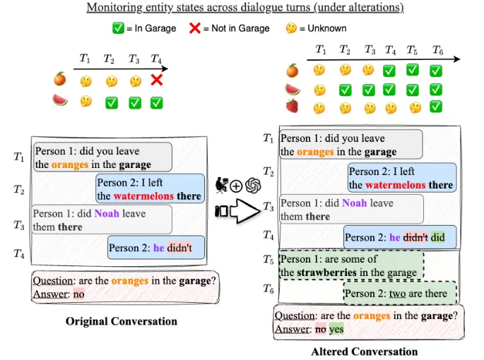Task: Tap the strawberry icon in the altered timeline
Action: coord(292,107)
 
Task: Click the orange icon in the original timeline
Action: coord(60,80)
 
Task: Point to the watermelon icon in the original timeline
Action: coord(60,101)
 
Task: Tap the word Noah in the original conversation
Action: coord(107,213)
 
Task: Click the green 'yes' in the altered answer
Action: coord(336,329)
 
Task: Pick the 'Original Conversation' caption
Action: coord(121,321)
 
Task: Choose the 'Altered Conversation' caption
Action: coord(364,352)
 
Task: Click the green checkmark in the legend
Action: coord(119,28)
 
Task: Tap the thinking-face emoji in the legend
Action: coord(291,28)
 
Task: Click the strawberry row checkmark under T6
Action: coord(436,107)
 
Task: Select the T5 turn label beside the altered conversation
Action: coord(268,259)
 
